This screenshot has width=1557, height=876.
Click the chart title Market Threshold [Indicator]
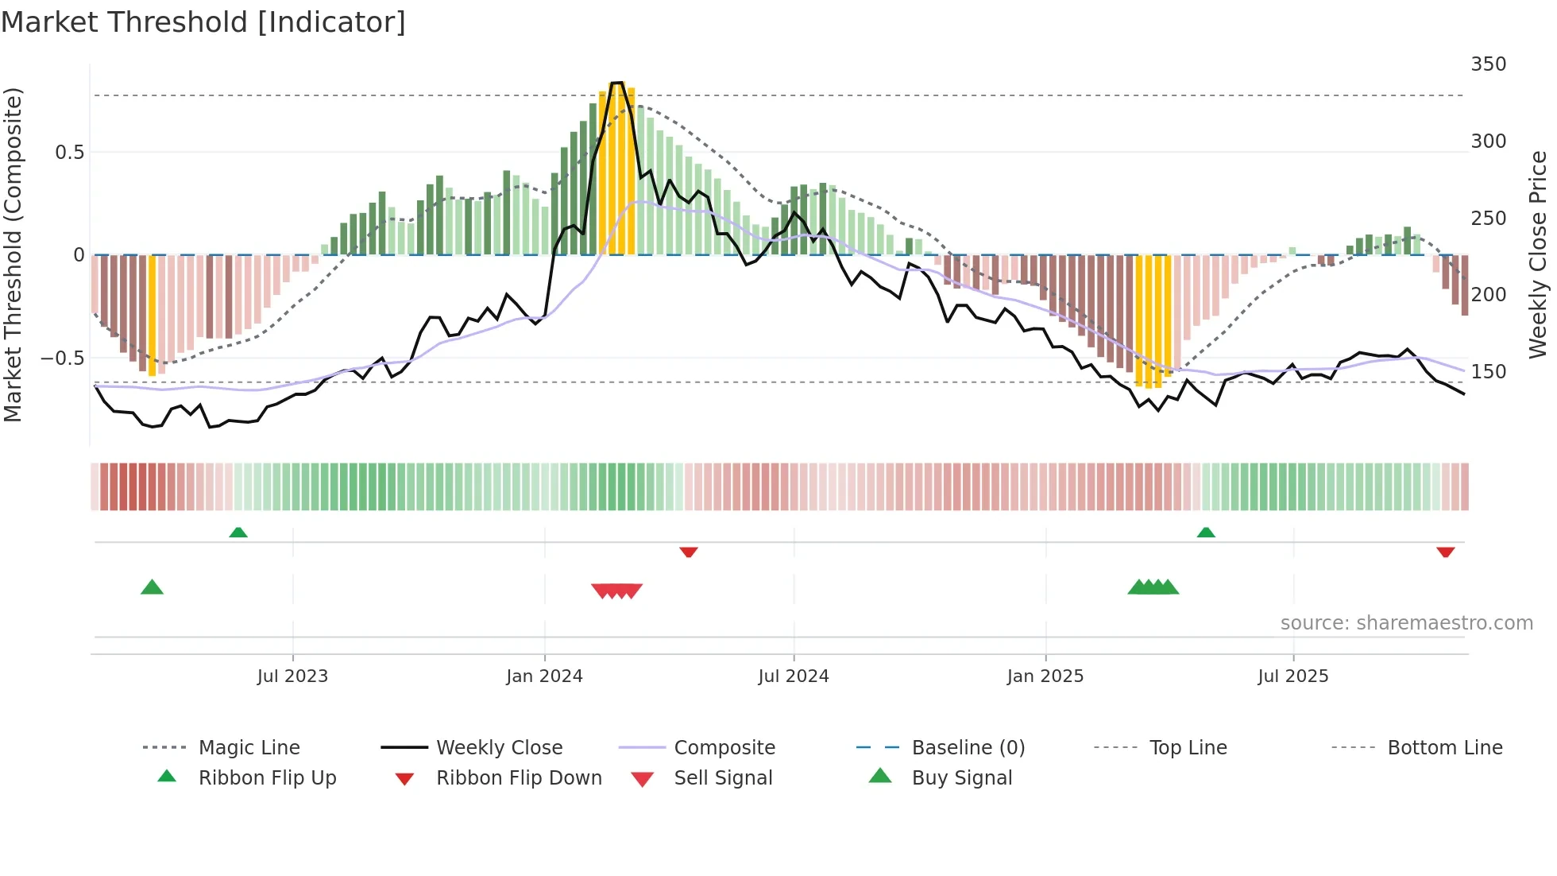[203, 22]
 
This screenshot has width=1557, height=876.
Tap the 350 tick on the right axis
[1488, 64]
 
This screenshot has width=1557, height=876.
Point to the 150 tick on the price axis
[1488, 371]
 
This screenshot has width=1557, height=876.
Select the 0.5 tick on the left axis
[69, 153]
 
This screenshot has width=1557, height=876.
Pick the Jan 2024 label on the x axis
[544, 676]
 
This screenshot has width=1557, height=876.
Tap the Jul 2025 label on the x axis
[1292, 676]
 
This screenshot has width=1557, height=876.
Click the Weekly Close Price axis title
[1538, 254]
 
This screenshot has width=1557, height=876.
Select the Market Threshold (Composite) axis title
[13, 254]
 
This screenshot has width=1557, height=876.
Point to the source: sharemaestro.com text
[1406, 623]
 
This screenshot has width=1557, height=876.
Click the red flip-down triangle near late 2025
[1445, 552]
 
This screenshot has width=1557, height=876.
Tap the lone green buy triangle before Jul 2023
[152, 587]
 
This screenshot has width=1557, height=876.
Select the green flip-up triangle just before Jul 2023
[238, 533]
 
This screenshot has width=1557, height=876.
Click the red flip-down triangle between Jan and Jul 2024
[689, 552]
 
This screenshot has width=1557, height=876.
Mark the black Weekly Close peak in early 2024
[617, 83]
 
